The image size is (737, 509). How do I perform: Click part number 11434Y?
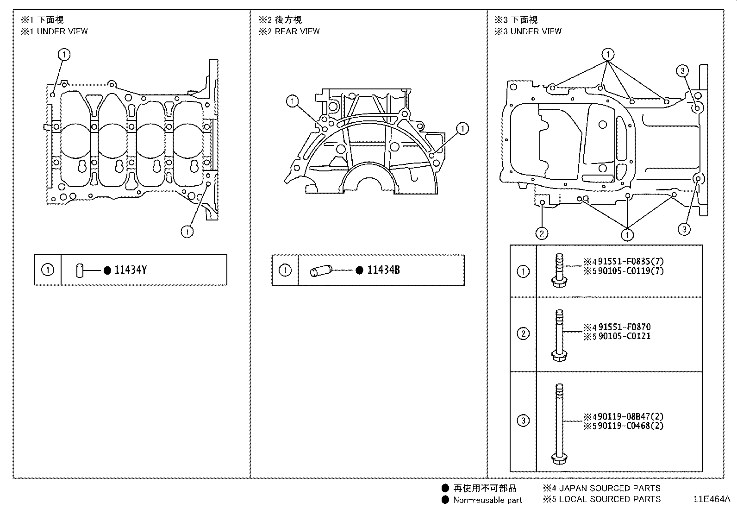(130, 270)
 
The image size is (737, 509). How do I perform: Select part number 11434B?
(383, 270)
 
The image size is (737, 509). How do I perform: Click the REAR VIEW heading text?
(297, 31)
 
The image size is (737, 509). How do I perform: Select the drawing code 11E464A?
(711, 499)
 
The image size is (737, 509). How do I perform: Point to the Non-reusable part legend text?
(487, 500)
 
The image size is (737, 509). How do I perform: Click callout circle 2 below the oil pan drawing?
(542, 233)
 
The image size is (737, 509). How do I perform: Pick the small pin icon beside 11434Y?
(80, 270)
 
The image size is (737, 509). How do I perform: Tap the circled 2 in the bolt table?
(523, 333)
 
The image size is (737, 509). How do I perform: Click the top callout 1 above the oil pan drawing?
(608, 55)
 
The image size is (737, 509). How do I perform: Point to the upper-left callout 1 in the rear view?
(292, 101)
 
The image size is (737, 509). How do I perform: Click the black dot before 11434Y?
(107, 270)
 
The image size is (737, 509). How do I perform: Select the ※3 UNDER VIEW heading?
(528, 31)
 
